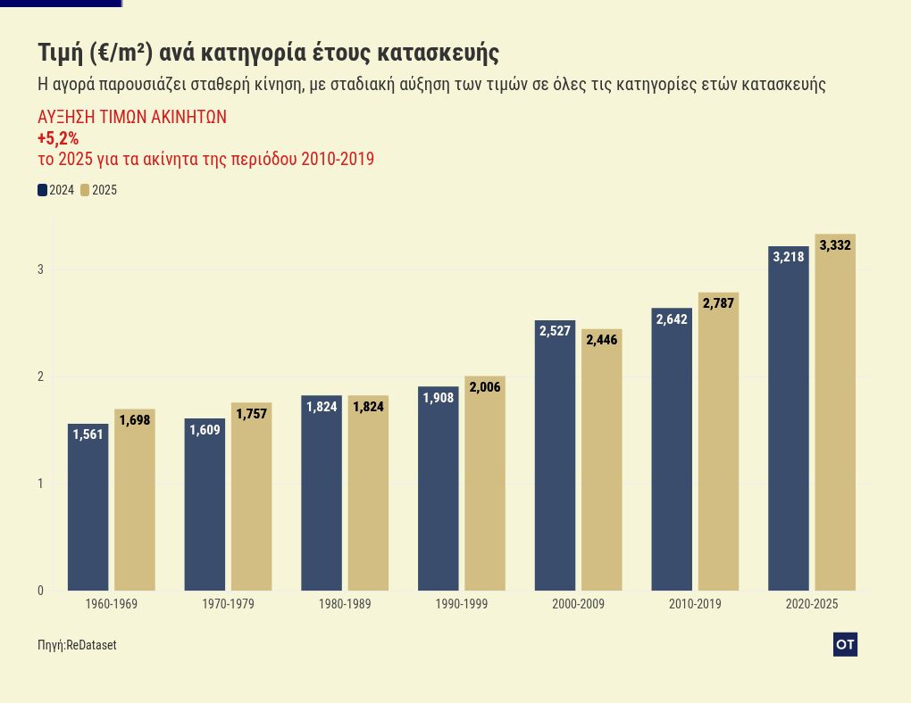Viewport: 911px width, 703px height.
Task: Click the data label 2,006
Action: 485,387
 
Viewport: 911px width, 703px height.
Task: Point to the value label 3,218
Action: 789,257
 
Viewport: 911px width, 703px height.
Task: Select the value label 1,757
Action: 252,414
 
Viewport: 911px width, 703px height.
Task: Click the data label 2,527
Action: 555,331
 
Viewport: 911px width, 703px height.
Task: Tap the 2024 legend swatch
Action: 42,190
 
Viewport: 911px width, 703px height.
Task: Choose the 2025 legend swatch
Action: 85,190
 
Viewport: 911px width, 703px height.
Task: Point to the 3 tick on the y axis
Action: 40,269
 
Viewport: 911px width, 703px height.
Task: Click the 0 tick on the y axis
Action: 40,591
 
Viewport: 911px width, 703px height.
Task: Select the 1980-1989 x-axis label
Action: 345,605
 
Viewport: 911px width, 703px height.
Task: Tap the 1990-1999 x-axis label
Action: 462,605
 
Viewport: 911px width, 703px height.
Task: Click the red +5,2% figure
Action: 58,138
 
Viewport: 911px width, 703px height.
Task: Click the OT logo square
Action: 845,644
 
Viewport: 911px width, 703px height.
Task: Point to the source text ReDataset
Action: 91,645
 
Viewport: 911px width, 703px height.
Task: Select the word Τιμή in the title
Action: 60,53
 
